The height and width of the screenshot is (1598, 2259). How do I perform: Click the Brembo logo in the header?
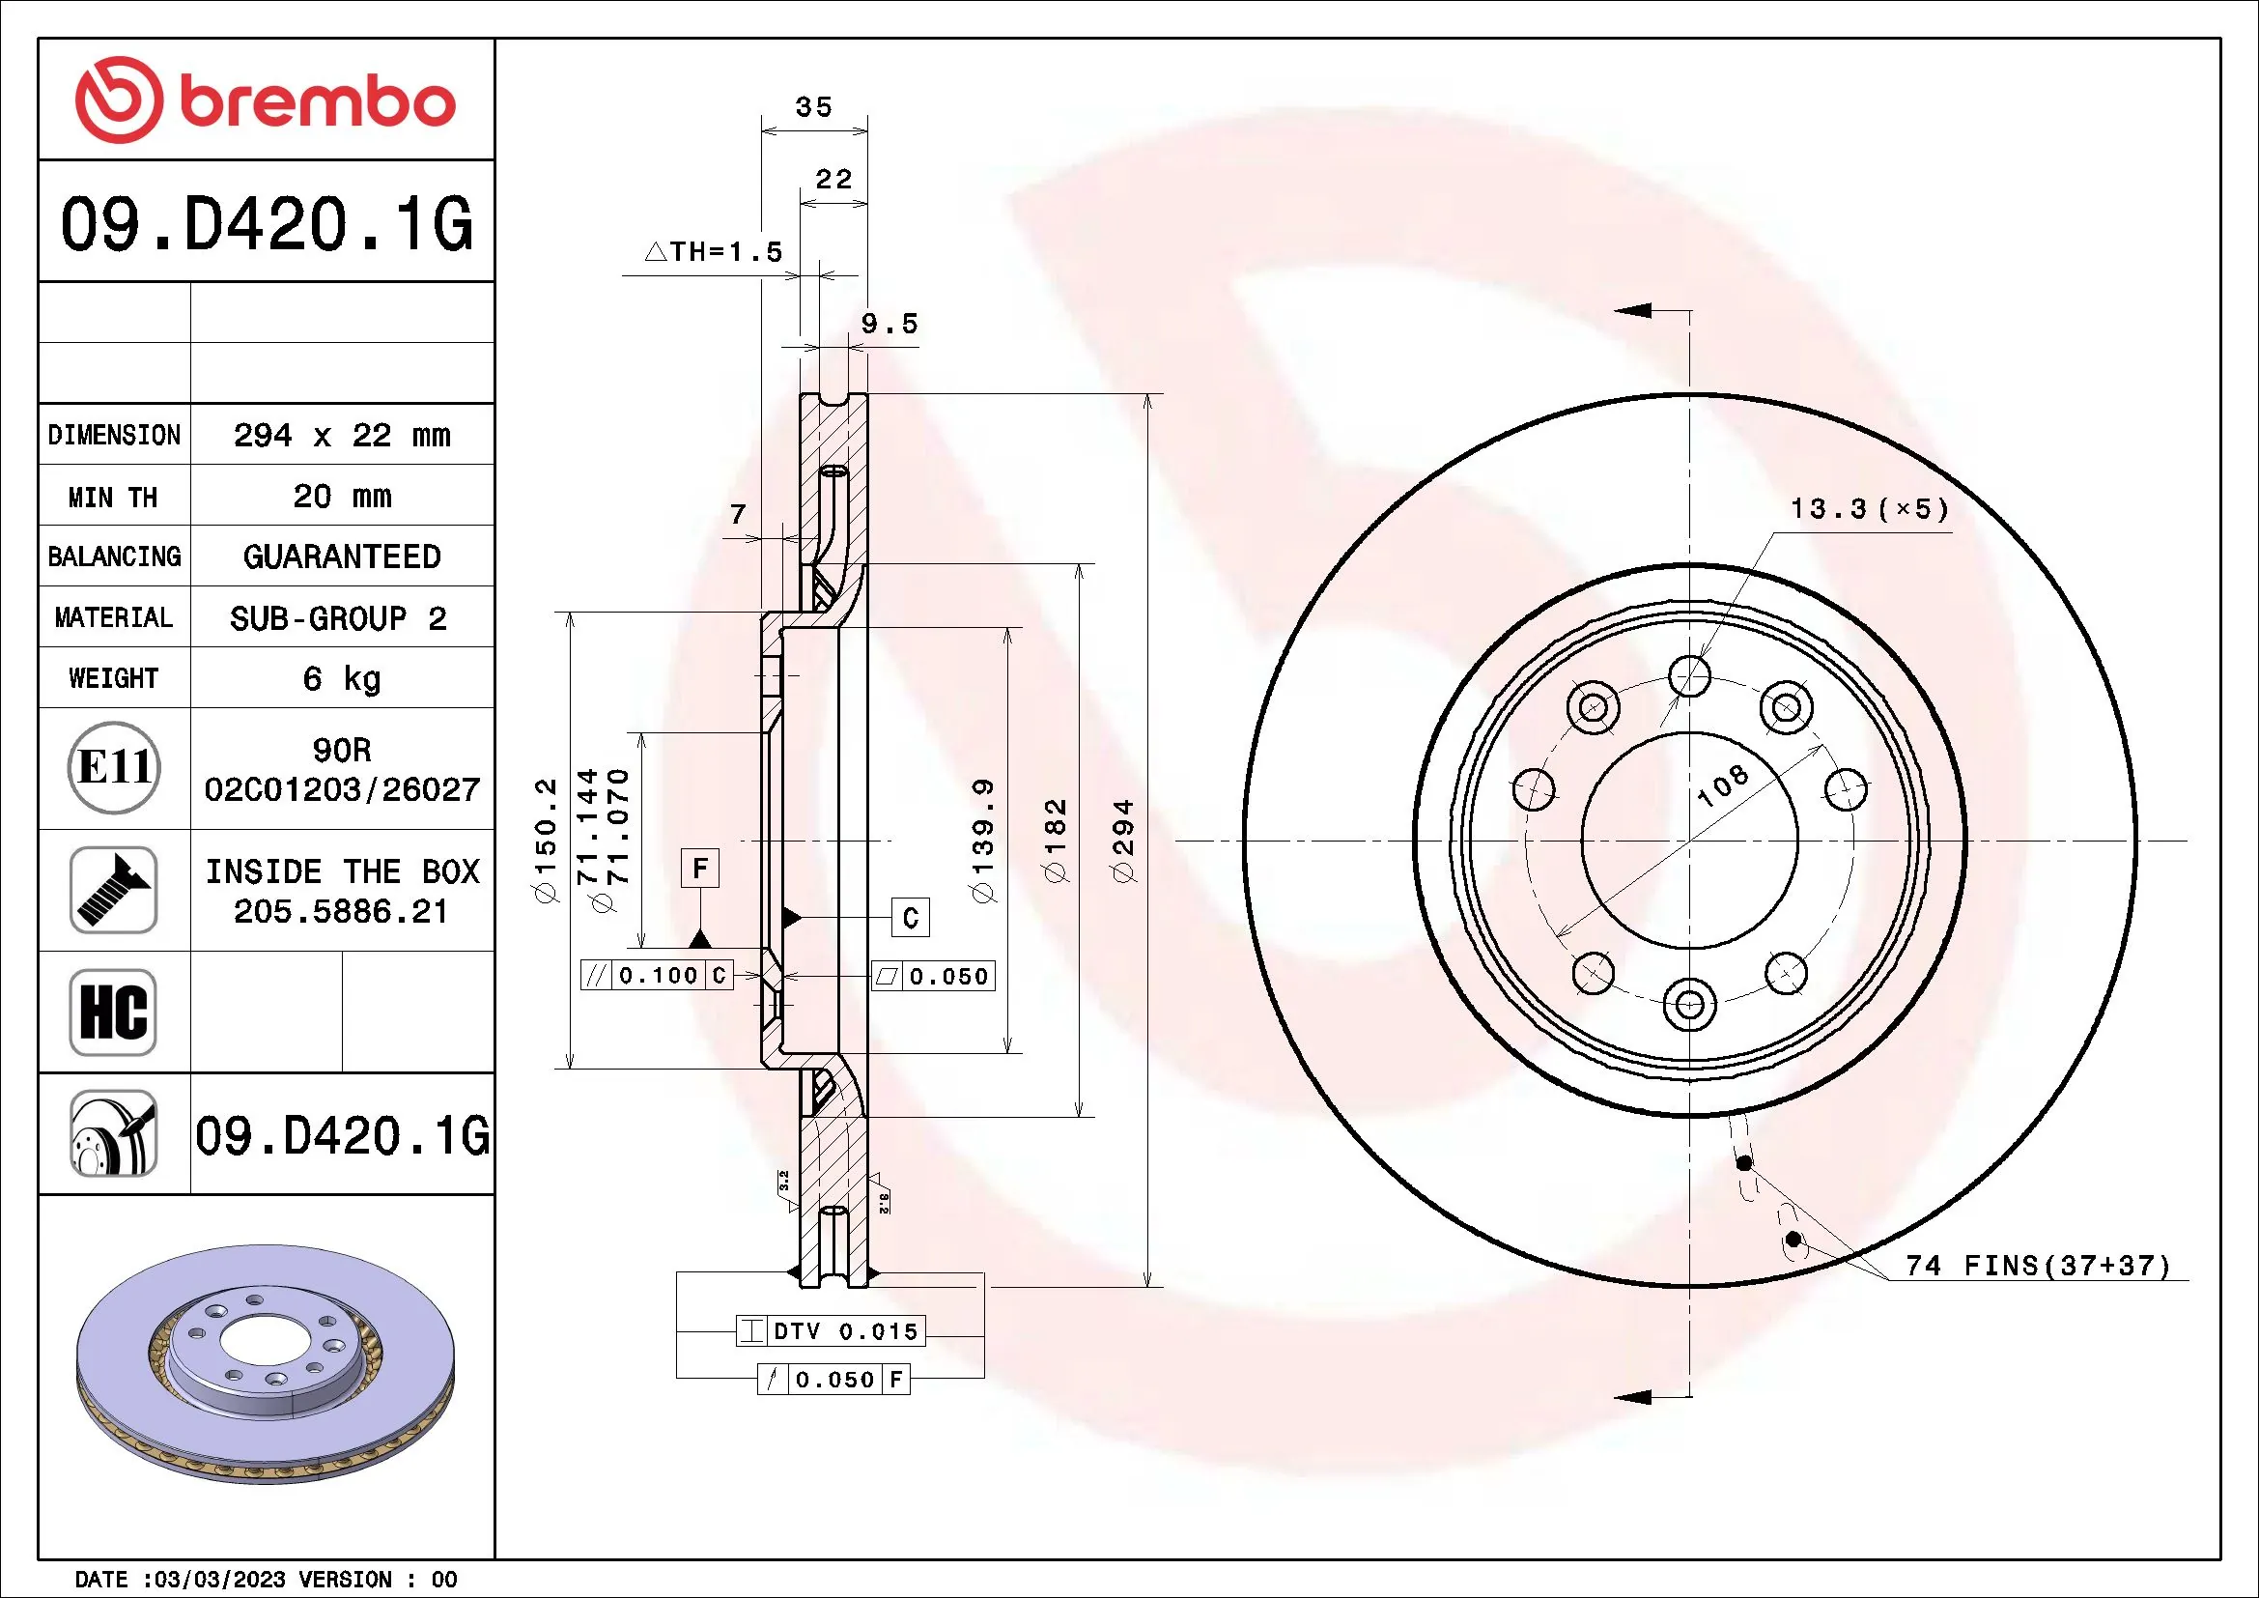tap(266, 100)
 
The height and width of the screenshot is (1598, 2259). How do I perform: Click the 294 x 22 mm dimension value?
tap(341, 435)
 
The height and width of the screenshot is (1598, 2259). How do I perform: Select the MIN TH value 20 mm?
tap(341, 496)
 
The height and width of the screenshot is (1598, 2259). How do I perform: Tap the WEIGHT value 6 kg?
tap(341, 678)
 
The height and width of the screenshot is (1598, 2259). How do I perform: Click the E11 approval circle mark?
tap(114, 767)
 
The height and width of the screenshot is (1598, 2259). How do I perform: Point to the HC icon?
tap(113, 1013)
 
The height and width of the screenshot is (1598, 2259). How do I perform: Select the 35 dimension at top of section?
tap(813, 107)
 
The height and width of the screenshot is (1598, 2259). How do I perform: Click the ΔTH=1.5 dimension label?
tap(715, 252)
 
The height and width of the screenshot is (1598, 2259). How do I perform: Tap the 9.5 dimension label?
tap(889, 324)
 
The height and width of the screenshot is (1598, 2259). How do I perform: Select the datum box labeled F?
tap(699, 869)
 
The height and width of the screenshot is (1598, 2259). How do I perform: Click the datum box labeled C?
tap(910, 918)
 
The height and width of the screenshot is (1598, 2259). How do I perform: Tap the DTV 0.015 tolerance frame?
tap(832, 1331)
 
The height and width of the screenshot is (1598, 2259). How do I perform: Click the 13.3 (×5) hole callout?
tap(1869, 509)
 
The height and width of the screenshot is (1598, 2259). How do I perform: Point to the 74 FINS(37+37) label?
tap(2038, 1266)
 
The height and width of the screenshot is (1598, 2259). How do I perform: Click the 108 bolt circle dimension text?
tap(1723, 785)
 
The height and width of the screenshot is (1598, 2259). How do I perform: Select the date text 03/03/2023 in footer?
tap(219, 1580)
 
